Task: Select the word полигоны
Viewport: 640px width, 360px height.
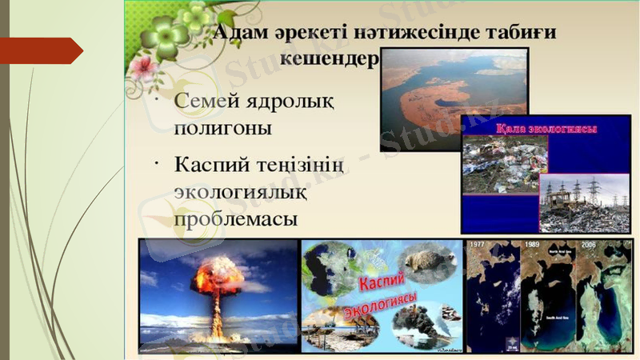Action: (x=223, y=127)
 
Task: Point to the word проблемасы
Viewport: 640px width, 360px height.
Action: (x=236, y=218)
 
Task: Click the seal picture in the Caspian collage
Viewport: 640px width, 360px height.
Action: (x=427, y=259)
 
